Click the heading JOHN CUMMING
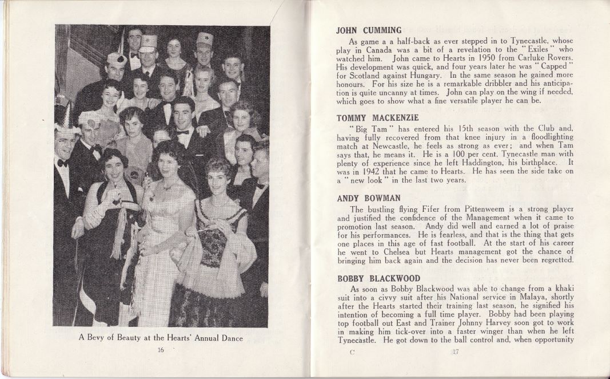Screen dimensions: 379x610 coord(369,30)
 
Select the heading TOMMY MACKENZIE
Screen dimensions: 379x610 coord(377,118)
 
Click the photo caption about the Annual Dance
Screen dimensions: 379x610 coord(161,338)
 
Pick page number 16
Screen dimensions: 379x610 coord(161,350)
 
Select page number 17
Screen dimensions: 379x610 coord(456,352)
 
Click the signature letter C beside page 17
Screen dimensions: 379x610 coord(352,352)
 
